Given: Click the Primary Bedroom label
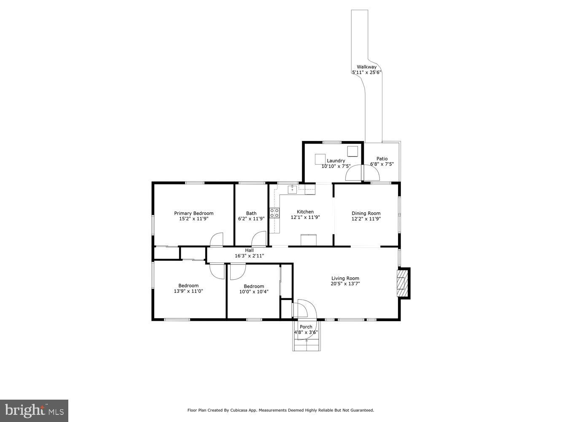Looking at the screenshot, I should pos(194,213).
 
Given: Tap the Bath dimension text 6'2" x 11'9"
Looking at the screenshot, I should pos(251,219).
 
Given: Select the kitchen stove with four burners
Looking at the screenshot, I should pos(274,213).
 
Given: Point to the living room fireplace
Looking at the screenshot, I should pos(403,283).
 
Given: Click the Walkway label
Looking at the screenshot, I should pos(366,67).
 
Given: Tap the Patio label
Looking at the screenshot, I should pos(382,159).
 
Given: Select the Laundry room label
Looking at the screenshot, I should pos(336,160).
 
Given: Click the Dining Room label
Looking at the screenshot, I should pos(366,213).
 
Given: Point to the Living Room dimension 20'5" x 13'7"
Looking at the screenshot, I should pos(345,284).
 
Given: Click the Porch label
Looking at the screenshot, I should pos(306,327).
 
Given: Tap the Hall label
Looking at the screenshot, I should pos(250,250).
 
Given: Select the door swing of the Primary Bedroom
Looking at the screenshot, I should pos(216,239).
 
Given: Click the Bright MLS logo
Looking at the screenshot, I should pos(34,410).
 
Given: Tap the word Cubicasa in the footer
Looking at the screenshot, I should pos(238,410).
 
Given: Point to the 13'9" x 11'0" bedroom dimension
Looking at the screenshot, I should pos(188,291).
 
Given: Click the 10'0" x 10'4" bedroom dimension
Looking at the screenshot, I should pos(254,291).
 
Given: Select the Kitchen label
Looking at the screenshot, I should pos(305,212).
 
